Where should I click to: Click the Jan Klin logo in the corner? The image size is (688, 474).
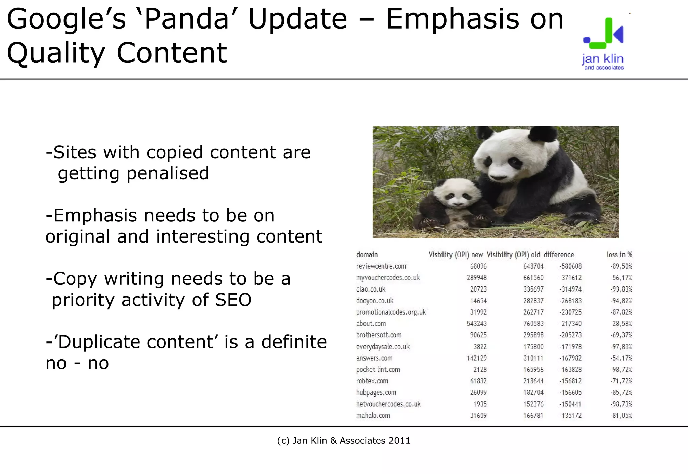tap(603, 44)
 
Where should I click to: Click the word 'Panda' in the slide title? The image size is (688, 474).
tap(186, 19)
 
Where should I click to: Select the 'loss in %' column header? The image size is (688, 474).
tap(619, 255)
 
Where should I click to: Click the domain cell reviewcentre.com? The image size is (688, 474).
tap(381, 266)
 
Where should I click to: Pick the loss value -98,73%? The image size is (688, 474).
tap(621, 404)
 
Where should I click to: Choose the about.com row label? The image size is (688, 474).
tap(371, 324)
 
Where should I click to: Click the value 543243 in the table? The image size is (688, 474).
tap(476, 324)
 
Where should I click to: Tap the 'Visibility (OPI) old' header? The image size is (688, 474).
tap(513, 255)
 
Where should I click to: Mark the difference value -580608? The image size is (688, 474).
tap(570, 266)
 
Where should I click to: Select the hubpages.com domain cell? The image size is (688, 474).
tap(376, 392)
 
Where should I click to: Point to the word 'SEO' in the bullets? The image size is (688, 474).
tap(233, 300)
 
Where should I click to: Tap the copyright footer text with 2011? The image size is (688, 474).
tap(344, 441)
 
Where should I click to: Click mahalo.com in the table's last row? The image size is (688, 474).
tap(373, 415)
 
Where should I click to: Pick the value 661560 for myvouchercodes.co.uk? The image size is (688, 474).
tap(533, 278)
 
